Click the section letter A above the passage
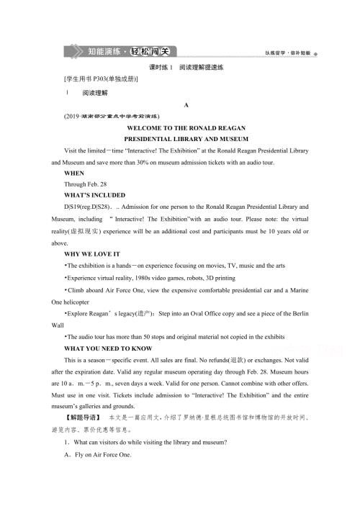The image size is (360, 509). [x=186, y=105]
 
